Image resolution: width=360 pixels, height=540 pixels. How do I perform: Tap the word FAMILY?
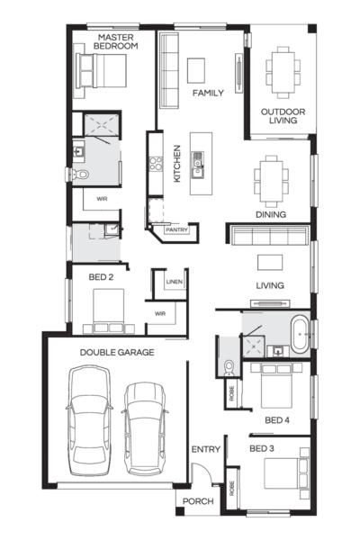click(207, 93)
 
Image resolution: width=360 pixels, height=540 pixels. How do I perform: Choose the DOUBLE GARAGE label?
click(116, 353)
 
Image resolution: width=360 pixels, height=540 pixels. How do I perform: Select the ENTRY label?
click(204, 449)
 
